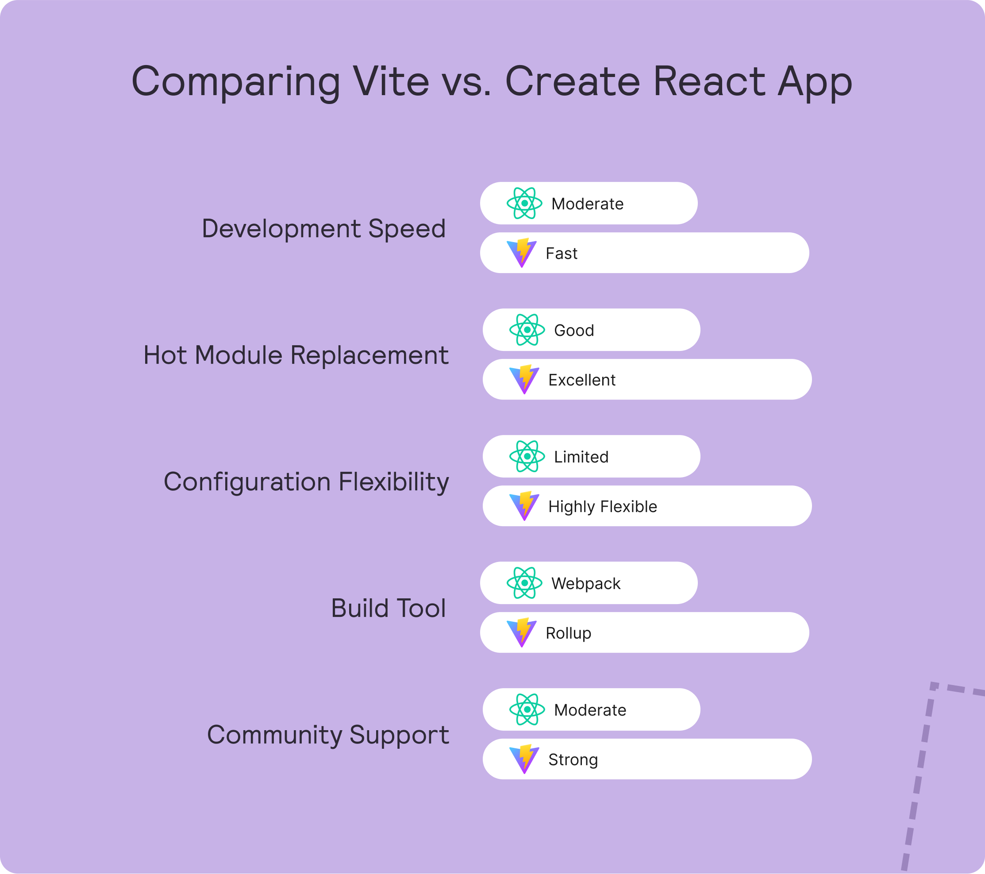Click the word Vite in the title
391,81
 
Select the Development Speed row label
323,229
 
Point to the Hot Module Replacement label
296,356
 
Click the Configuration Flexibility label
306,483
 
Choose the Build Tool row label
389,608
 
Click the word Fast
562,254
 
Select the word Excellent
581,380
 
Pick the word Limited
581,457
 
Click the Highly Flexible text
603,507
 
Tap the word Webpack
586,583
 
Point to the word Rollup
569,634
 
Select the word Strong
573,760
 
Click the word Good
574,331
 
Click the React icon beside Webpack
524,583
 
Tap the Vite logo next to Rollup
522,633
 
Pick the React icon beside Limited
527,456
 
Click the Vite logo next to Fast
522,253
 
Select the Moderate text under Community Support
590,710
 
